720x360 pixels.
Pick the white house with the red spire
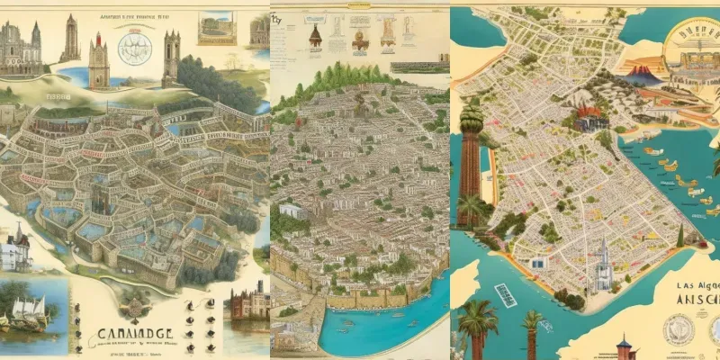pyautogui.click(x=15, y=247)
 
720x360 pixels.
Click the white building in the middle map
pyautogui.click(x=292, y=211)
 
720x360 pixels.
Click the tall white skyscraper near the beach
pyautogui.click(x=602, y=266)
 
